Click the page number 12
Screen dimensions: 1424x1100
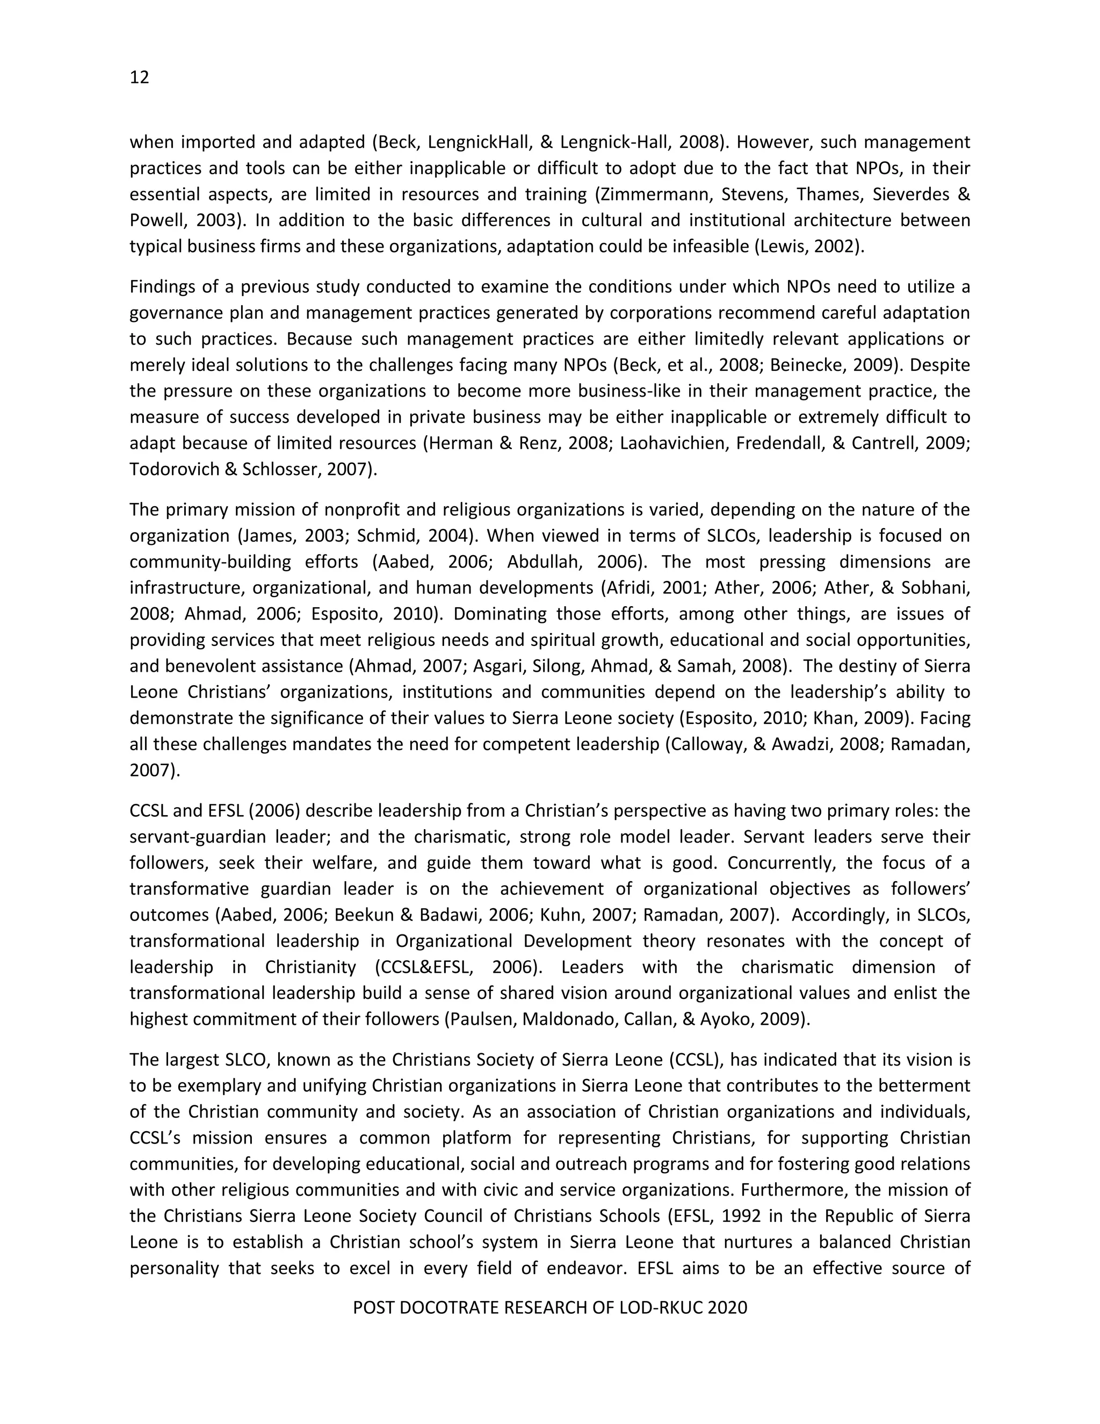140,77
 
